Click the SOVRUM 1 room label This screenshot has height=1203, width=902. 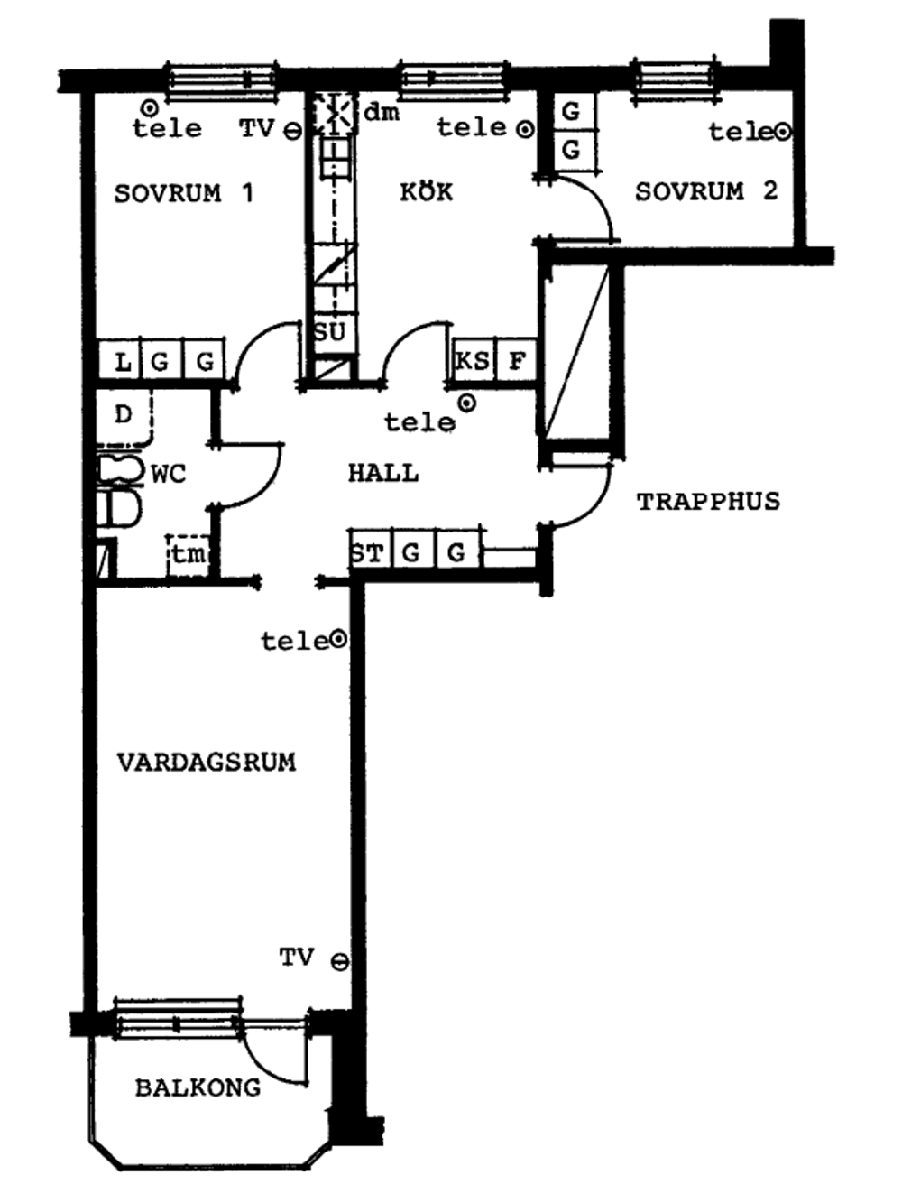(x=184, y=193)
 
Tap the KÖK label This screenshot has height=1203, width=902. (x=427, y=191)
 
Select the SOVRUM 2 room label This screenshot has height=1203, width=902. (x=706, y=191)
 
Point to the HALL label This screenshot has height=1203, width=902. (x=384, y=473)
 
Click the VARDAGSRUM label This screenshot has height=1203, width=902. (x=207, y=763)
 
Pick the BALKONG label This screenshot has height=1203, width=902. (x=198, y=1087)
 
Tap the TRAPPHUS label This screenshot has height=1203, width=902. (x=709, y=502)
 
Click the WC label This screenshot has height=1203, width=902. (x=169, y=474)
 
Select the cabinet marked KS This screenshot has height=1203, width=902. (x=473, y=360)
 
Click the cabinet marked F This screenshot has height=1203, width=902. (x=515, y=360)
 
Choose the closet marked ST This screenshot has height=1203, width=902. (x=371, y=550)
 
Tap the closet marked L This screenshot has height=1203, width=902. (x=120, y=358)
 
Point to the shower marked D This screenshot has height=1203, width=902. (x=124, y=417)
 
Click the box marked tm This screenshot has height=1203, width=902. (x=189, y=555)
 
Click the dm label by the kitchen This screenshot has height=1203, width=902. (x=382, y=113)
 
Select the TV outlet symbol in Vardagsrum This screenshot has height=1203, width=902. (x=340, y=963)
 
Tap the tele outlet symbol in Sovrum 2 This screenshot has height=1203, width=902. (x=783, y=132)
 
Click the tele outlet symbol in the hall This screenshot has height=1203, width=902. (x=467, y=404)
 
